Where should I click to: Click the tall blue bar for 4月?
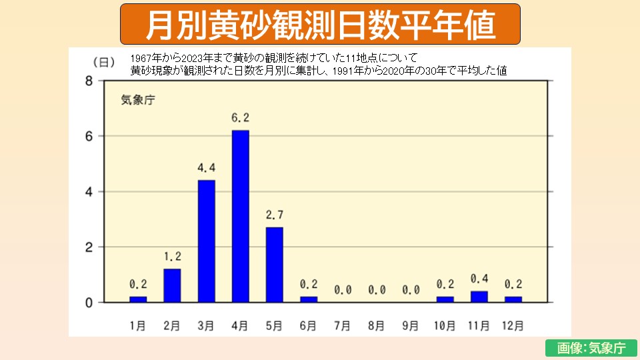point(240,216)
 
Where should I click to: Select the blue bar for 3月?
point(206,241)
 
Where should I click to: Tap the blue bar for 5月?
point(274,265)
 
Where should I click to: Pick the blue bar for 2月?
point(172,285)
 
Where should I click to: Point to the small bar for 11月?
point(479,297)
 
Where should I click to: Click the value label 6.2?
point(240,118)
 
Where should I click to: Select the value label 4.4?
point(206,168)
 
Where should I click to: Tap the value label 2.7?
point(274,215)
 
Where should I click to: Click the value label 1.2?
point(172,257)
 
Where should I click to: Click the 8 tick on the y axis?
point(89,81)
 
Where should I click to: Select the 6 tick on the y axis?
point(89,136)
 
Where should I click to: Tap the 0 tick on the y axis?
point(89,303)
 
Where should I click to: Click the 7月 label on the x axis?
point(342,326)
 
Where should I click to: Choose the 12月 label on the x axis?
point(513,326)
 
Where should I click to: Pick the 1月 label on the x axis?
point(137,326)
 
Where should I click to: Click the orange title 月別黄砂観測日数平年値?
point(320,25)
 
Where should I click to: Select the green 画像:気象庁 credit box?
point(586,348)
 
